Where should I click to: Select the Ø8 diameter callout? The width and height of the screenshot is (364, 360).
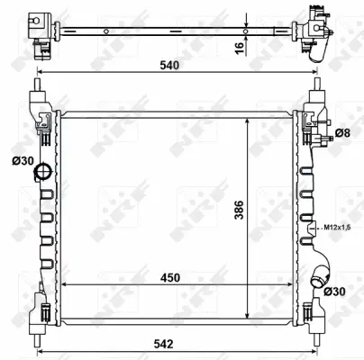point(342,134)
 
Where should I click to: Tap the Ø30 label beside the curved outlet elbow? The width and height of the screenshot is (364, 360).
point(339,292)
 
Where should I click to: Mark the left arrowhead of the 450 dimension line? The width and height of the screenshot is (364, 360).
point(63,286)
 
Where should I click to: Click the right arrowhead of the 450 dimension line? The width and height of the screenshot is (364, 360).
point(293,286)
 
